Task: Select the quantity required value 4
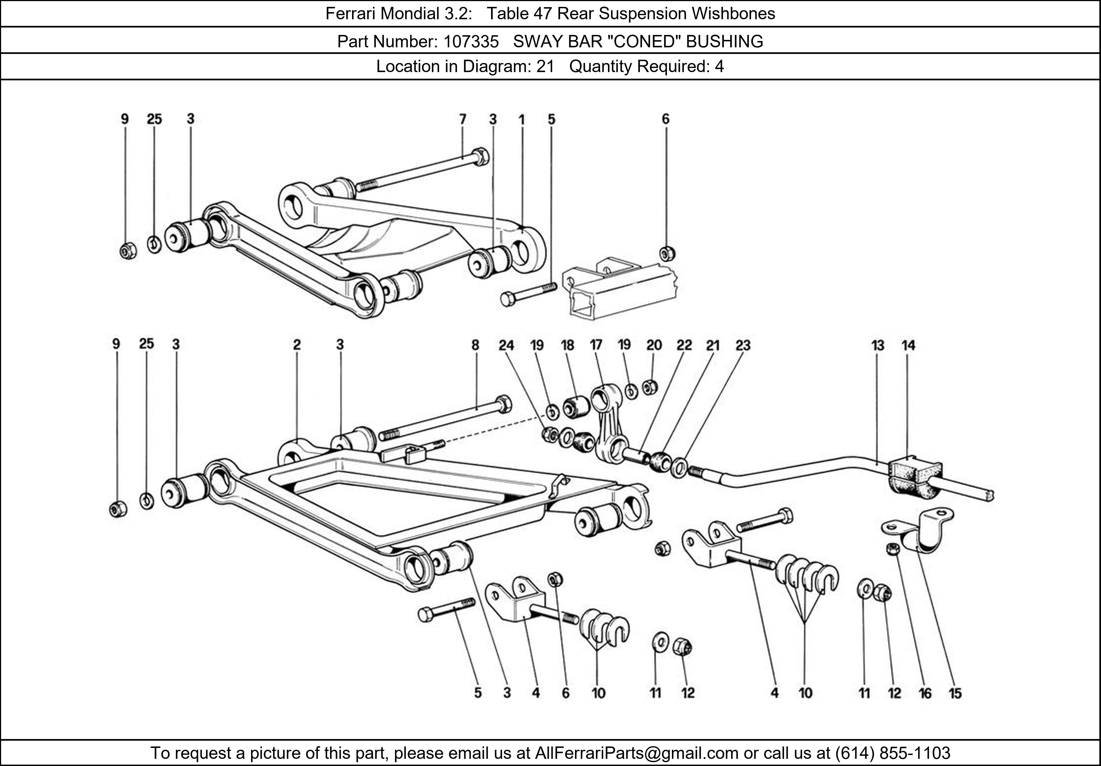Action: tap(719, 66)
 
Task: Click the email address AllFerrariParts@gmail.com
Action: tap(636, 753)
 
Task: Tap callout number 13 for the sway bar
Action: tap(877, 345)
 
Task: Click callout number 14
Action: tap(908, 345)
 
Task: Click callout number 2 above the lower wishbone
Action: tap(297, 344)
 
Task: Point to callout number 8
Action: tap(475, 345)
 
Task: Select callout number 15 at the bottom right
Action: tap(955, 693)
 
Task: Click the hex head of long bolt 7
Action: tap(481, 157)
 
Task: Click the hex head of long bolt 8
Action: tap(503, 404)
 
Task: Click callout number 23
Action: tap(743, 345)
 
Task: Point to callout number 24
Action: tap(506, 345)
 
